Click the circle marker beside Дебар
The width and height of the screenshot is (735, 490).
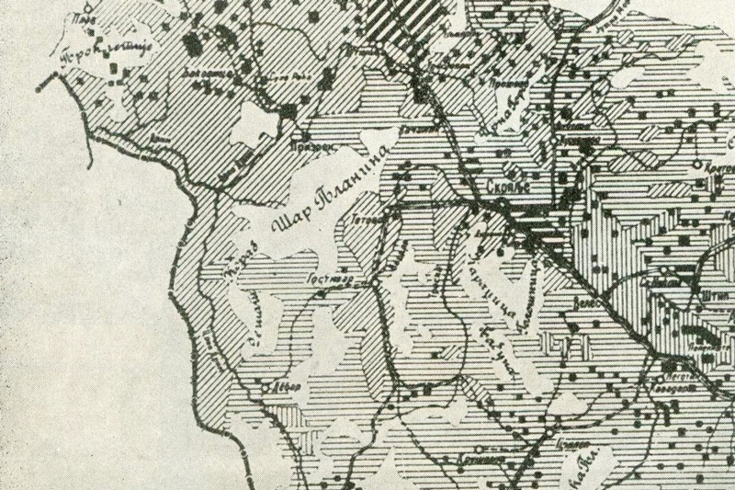coord(267,388)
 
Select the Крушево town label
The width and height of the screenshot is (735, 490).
coord(476,453)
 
